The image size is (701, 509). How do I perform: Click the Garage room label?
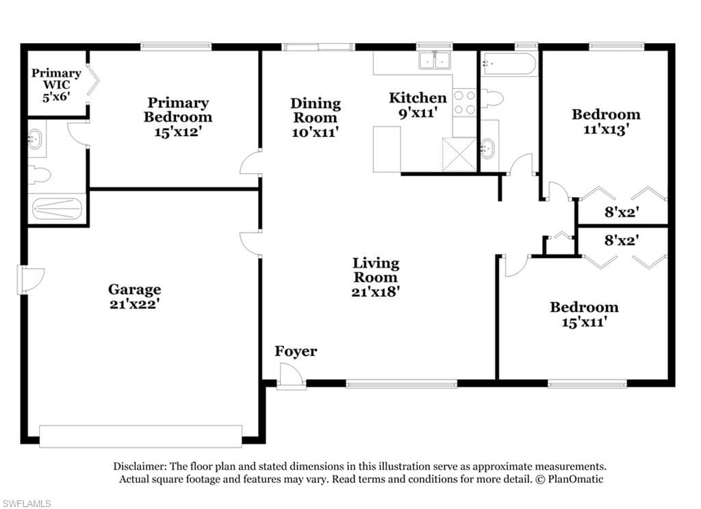pos(135,296)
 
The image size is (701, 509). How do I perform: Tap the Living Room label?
pos(376,277)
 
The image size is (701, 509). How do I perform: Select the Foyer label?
pos(296,351)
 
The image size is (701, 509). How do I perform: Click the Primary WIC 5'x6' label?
pos(56,84)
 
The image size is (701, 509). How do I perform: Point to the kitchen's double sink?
pos(435,60)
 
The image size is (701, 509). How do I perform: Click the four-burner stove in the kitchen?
pos(465,103)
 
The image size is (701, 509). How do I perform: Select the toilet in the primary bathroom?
pos(39,174)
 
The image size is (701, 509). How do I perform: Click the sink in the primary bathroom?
pos(36,139)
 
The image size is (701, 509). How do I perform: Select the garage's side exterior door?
pos(30,280)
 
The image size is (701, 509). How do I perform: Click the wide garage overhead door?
pos(141,436)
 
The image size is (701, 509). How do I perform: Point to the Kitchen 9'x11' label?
pos(418,105)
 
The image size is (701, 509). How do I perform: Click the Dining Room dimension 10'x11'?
pos(315,132)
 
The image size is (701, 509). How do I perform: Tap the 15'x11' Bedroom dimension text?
pos(584,322)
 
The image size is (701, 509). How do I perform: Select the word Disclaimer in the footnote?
pos(140,467)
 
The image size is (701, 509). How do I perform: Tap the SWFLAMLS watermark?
pos(26,504)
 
